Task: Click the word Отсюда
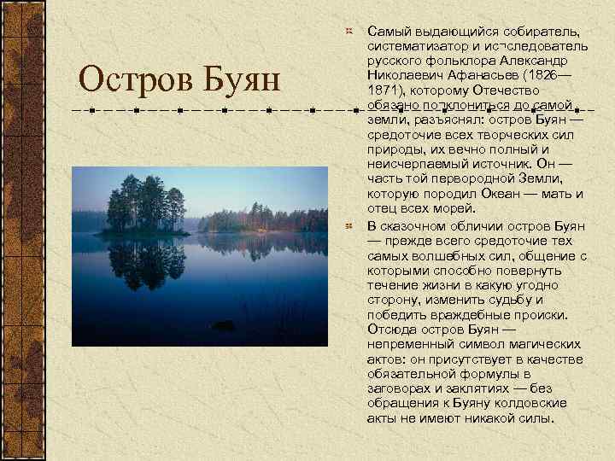coord(389,329)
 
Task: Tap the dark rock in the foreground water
coord(223,325)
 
